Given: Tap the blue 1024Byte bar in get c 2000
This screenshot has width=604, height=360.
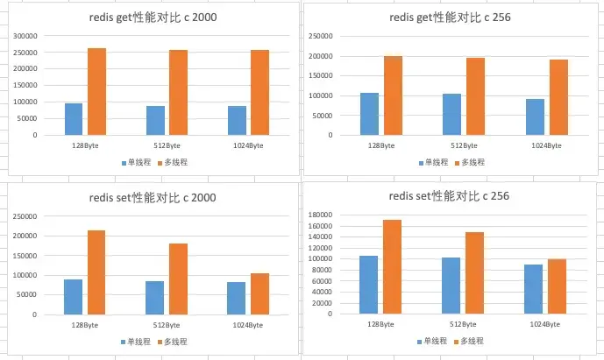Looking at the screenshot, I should point(236,120).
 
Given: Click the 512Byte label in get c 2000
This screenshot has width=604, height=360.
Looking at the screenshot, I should point(163,145).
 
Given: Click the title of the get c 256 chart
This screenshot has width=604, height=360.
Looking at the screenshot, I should point(452,17).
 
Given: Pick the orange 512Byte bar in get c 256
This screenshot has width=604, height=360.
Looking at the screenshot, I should point(475,96).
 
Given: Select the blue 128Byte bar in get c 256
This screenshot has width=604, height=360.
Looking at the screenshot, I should point(369,114).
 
